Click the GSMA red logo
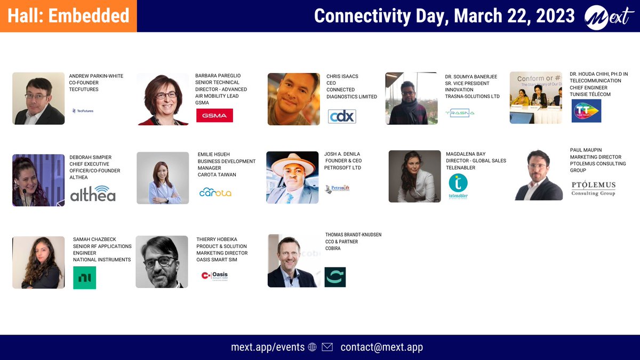click(214, 115)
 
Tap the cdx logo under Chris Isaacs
click(342, 116)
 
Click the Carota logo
click(215, 192)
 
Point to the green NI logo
click(84, 278)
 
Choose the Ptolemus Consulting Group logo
click(593, 188)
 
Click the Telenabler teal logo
click(458, 186)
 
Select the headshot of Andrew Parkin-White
click(38, 99)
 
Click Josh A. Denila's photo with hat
click(292, 177)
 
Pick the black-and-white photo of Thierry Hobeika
click(162, 262)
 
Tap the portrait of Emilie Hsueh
click(163, 178)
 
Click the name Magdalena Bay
click(466, 154)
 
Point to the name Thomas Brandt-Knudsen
click(353, 235)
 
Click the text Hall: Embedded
click(68, 16)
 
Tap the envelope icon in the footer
click(327, 347)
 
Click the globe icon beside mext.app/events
click(312, 347)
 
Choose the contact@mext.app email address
click(381, 347)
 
